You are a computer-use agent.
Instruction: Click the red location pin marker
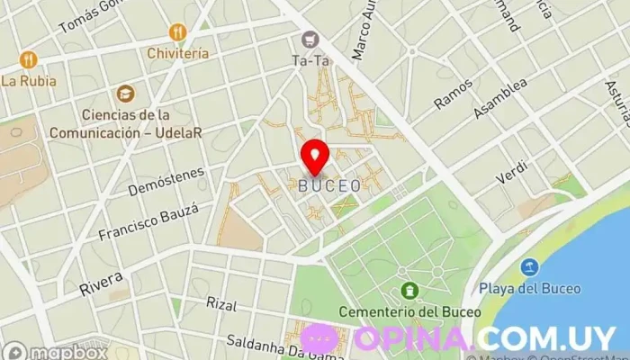(315, 156)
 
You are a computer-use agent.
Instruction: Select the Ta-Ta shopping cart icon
(311, 40)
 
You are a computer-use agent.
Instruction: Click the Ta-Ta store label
(311, 61)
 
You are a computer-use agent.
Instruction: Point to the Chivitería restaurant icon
(177, 32)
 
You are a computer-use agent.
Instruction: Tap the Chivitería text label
(178, 53)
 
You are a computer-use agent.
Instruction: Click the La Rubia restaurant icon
(28, 59)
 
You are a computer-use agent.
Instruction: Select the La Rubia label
(29, 81)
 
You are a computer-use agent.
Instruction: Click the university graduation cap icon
(124, 93)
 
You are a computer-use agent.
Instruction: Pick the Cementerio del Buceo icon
(410, 291)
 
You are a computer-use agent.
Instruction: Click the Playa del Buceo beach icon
(529, 267)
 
